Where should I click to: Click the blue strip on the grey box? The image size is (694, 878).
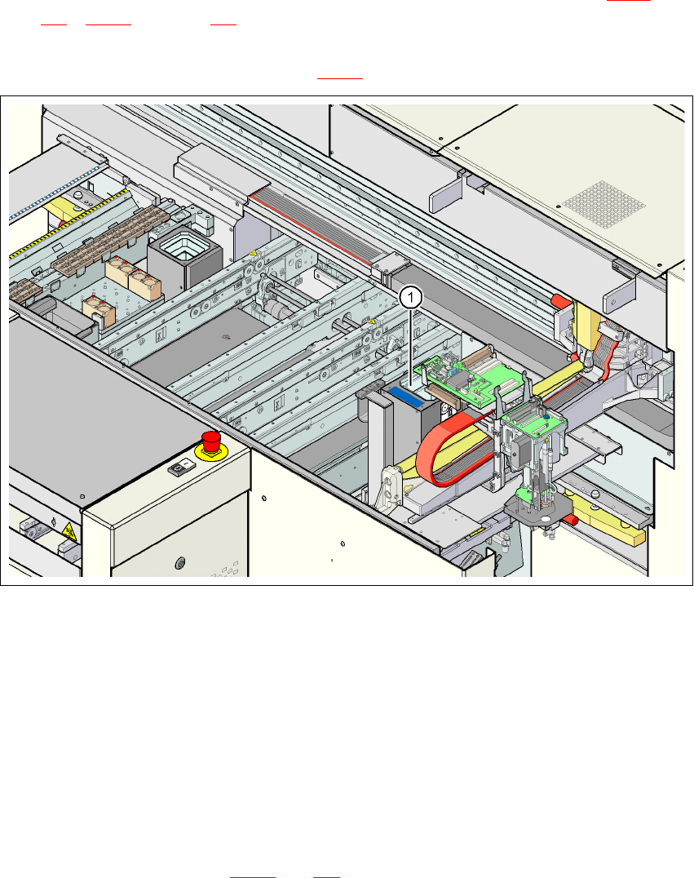[x=405, y=396]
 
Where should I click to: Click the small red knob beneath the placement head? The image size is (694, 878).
[x=574, y=519]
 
